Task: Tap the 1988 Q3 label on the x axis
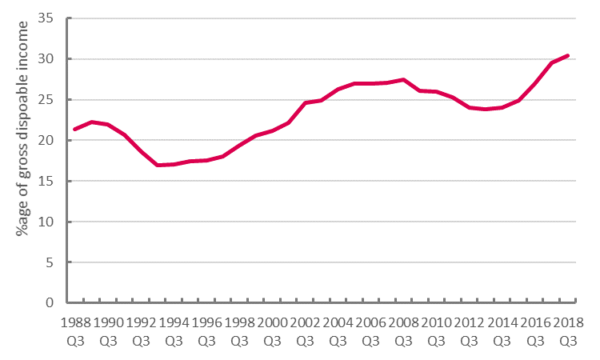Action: click(x=75, y=331)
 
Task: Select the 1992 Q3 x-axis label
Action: click(x=141, y=331)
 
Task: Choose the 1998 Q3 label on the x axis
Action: click(x=239, y=331)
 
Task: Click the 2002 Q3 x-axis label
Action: click(x=305, y=331)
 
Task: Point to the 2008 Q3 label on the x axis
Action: click(x=403, y=331)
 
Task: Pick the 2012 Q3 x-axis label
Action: click(x=469, y=331)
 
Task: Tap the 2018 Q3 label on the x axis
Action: click(x=567, y=331)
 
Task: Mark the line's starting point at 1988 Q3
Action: click(x=75, y=129)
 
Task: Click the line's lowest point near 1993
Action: click(x=158, y=165)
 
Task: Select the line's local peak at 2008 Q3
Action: click(x=403, y=79)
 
